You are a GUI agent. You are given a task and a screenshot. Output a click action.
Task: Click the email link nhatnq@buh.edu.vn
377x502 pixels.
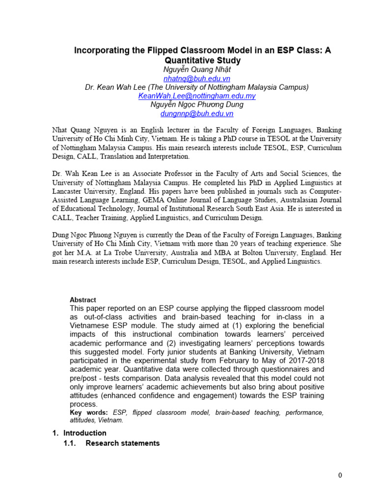click(196, 78)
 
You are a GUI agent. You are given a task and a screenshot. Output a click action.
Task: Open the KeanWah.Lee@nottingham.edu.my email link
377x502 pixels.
click(197, 96)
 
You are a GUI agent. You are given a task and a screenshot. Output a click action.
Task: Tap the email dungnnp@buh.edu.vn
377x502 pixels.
click(197, 114)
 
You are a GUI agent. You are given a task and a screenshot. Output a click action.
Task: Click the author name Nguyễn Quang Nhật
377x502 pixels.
click(197, 70)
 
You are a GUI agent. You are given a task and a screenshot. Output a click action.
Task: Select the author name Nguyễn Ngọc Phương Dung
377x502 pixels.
click(197, 105)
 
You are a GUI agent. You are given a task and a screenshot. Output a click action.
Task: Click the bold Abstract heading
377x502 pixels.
click(83, 300)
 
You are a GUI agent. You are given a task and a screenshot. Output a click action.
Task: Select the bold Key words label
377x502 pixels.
click(88, 413)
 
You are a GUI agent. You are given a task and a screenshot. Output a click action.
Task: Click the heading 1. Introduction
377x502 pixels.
click(79, 433)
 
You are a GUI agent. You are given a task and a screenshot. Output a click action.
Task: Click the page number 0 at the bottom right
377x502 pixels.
click(340, 475)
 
